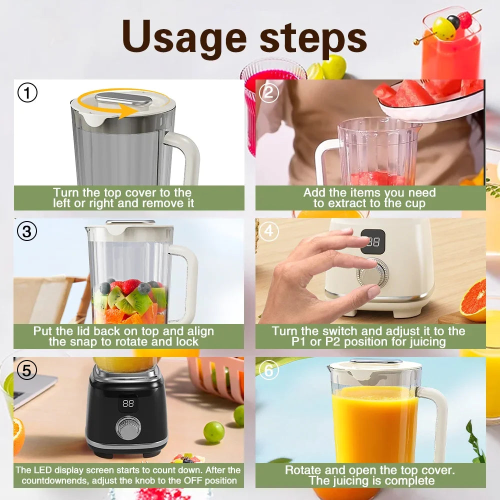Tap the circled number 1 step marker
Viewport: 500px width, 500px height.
(x=27, y=93)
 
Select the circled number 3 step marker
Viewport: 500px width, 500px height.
(x=27, y=231)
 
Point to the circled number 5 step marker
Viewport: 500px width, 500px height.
(x=27, y=370)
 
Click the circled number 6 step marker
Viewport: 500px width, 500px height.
(x=269, y=370)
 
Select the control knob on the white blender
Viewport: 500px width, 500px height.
(x=372, y=274)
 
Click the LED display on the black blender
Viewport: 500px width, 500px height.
(x=128, y=403)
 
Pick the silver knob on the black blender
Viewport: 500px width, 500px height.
(x=128, y=428)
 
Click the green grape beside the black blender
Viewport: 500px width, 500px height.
(x=213, y=432)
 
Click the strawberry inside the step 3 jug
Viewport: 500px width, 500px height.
(x=130, y=286)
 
